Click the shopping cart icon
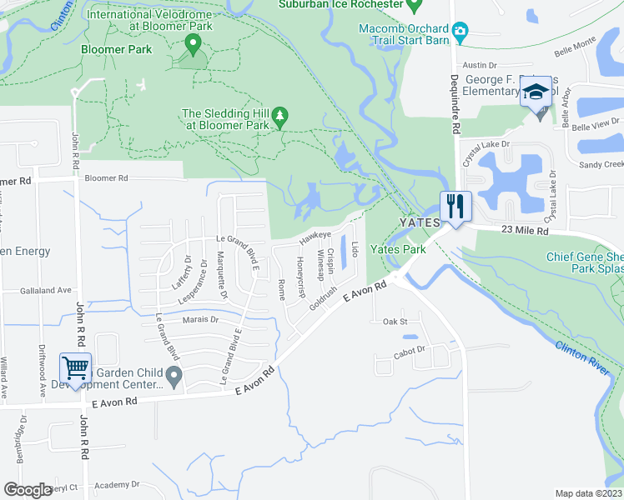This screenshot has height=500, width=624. (75, 367)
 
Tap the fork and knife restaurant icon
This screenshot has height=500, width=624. (455, 204)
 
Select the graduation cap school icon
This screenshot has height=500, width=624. (535, 92)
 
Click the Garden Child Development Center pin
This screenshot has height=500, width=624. (174, 379)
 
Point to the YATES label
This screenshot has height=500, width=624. (419, 223)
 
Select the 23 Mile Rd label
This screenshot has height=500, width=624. (525, 230)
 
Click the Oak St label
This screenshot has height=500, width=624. (394, 321)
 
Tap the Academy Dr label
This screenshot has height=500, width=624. (117, 484)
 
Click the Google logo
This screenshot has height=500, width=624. (28, 489)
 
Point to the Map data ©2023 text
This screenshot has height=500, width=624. (588, 493)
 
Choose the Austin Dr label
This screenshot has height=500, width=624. (480, 64)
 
